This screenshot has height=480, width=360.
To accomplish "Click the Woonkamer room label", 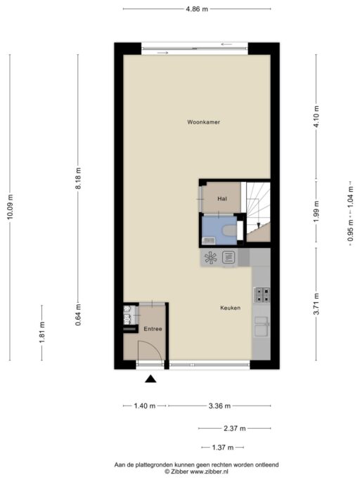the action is [x=203, y=122].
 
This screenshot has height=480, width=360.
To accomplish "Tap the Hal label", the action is [x=222, y=199].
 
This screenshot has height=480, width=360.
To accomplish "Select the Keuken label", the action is [x=230, y=308].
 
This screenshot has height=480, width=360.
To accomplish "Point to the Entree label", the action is [x=153, y=329].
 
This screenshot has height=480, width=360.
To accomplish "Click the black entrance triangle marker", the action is [x=150, y=379].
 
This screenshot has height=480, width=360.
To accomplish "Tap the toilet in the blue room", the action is [x=229, y=230].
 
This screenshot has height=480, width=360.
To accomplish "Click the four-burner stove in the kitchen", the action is [x=262, y=294].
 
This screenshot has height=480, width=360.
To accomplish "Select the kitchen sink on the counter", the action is [x=262, y=326].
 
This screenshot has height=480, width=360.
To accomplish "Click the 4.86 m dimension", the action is [x=197, y=9].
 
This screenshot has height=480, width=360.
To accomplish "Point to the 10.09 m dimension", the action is [x=10, y=207].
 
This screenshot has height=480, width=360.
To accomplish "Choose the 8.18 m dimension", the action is [x=78, y=179].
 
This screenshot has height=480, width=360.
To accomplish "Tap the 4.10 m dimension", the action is [x=316, y=117].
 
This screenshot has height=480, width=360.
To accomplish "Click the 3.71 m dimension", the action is [x=316, y=304].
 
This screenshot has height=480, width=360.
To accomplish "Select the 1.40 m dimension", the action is [x=145, y=406].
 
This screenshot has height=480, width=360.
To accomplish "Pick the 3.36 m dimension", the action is [x=219, y=406].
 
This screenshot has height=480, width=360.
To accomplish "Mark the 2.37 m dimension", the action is [x=234, y=428].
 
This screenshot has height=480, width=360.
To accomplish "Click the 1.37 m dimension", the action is [x=223, y=448].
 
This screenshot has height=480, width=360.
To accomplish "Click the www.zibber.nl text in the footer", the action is [x=209, y=472].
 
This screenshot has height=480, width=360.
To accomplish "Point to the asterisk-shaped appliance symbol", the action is [x=211, y=257].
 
